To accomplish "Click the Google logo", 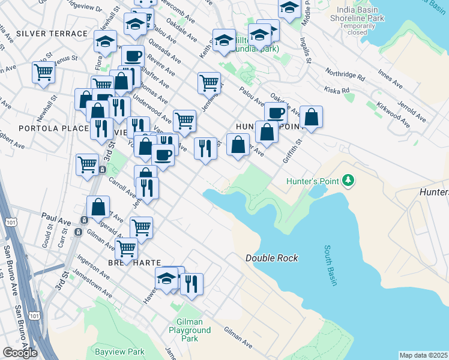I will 20,353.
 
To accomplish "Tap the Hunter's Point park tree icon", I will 348,180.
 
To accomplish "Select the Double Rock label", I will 271,258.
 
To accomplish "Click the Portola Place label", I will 45,128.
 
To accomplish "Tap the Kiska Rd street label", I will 337,91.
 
